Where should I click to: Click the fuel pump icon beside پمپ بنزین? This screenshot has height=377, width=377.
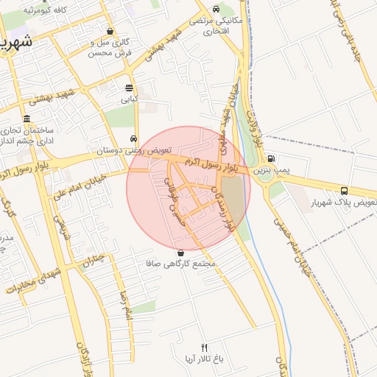271,158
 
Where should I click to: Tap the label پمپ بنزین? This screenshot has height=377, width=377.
271,170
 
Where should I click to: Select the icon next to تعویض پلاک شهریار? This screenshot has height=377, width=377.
344,191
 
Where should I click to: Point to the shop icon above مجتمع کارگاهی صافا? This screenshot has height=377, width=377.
180,253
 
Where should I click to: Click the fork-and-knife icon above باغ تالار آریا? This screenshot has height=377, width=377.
205,348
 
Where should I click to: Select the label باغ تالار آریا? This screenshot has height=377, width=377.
205,359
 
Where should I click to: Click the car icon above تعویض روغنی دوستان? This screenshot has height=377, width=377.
133,138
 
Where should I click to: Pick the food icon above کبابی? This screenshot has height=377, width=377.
129,88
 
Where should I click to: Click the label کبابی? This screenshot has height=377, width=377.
129,99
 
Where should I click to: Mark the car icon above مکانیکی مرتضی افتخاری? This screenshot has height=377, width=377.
215,9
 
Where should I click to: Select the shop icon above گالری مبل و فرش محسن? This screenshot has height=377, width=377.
110,32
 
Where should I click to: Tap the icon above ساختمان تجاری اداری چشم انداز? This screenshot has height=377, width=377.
27,119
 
